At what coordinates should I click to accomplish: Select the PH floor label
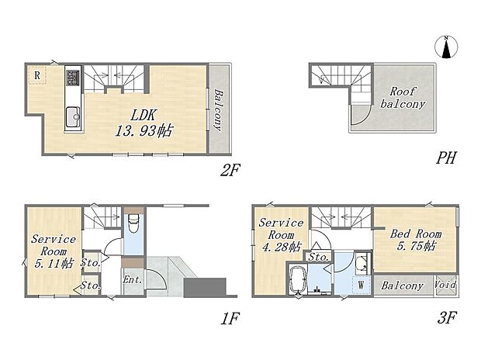446,158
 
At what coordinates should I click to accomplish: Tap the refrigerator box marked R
36,75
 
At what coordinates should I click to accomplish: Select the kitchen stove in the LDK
72,79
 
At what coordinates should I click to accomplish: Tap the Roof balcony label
407,97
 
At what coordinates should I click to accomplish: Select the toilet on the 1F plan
133,226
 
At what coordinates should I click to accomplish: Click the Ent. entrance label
130,280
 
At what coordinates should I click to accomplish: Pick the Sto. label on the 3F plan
317,256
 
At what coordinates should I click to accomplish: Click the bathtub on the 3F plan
298,282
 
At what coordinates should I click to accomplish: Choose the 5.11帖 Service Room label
54,251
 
